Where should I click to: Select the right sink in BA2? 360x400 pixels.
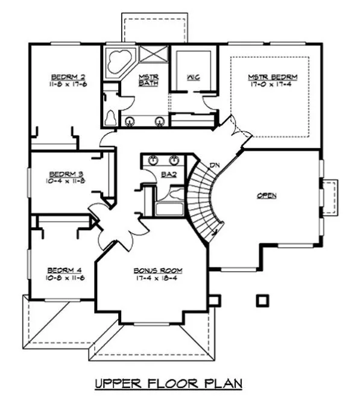pos(175,160)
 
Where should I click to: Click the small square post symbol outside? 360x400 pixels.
pos(261,299)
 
